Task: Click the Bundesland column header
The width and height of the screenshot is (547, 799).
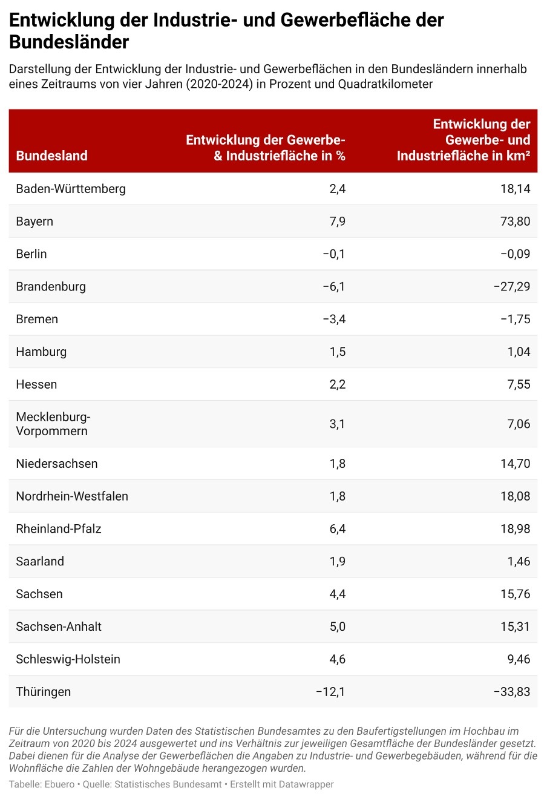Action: point(51,156)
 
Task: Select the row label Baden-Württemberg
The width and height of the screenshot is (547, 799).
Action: point(71,189)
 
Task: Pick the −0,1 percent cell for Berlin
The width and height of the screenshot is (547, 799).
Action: point(334,254)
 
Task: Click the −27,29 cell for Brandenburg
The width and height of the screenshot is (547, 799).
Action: point(512,287)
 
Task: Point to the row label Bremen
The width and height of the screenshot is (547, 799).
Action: point(37,320)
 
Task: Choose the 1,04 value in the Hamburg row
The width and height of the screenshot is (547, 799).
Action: point(519,352)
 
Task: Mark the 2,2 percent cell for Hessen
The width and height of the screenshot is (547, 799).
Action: point(338,385)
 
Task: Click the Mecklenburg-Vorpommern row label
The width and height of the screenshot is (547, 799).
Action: point(53,424)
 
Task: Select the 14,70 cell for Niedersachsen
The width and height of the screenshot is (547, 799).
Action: point(515,464)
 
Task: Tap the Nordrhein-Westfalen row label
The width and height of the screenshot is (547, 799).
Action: point(72,497)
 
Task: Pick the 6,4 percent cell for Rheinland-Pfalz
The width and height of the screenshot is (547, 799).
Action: point(338,530)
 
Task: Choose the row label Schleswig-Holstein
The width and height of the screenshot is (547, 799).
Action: point(68,660)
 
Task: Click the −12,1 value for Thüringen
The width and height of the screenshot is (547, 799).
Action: point(330,692)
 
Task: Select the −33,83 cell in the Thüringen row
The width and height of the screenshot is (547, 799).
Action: point(512,692)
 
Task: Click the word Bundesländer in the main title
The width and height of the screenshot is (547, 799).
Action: point(69,42)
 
